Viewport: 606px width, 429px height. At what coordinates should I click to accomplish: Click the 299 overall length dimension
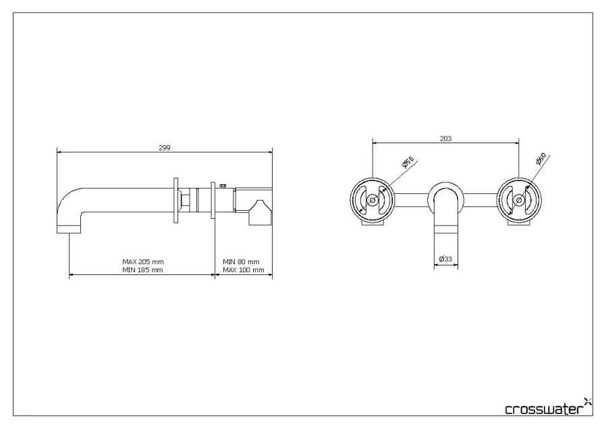click(x=164, y=148)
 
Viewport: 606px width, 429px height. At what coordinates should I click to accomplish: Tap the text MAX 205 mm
click(x=142, y=261)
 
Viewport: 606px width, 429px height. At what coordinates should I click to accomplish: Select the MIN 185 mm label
click(x=142, y=270)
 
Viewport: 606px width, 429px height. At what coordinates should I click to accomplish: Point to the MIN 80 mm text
click(x=241, y=261)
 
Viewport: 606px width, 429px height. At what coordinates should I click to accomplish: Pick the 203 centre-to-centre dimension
click(x=445, y=138)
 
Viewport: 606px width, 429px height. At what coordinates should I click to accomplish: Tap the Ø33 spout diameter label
click(x=445, y=259)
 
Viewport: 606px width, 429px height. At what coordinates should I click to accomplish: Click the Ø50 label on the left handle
click(x=408, y=163)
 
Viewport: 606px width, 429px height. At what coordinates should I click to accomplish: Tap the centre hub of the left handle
click(x=372, y=199)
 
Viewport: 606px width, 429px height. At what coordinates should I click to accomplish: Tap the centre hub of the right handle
click(x=518, y=199)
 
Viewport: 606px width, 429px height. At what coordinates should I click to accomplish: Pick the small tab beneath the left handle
click(x=371, y=226)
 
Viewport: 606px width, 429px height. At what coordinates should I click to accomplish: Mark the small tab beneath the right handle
click(x=519, y=226)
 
